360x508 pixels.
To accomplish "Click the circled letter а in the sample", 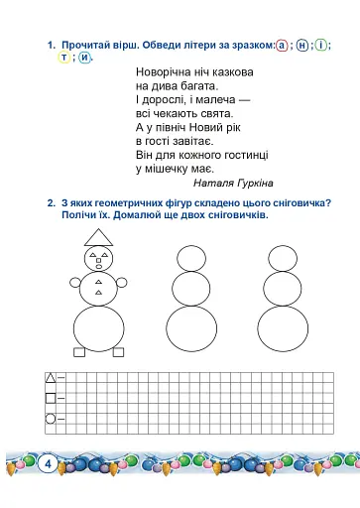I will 283,46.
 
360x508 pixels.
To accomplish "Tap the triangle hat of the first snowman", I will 99,237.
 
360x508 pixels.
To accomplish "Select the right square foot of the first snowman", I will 119,351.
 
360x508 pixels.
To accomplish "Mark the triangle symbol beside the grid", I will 51,377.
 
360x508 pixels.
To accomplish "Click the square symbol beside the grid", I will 51,398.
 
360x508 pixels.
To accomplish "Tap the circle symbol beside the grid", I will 51,418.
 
